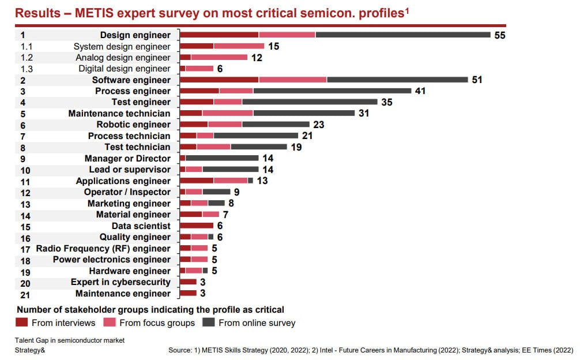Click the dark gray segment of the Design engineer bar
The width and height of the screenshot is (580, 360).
pyautogui.click(x=403, y=35)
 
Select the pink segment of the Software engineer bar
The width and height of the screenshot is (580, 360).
pyautogui.click(x=293, y=80)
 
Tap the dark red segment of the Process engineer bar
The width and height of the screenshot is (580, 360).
pyautogui.click(x=199, y=91)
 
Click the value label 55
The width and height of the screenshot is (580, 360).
pyautogui.click(x=500, y=35)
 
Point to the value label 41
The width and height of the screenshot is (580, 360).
pyautogui.click(x=420, y=91)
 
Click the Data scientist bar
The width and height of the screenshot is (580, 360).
pyautogui.click(x=197, y=226)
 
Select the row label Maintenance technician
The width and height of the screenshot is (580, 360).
pyautogui.click(x=119, y=113)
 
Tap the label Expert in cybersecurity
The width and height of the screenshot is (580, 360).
pyautogui.click(x=120, y=282)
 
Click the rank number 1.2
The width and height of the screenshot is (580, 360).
pyautogui.click(x=27, y=58)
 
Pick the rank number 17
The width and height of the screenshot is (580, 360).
pyautogui.click(x=25, y=249)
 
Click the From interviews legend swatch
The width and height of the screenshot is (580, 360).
pyautogui.click(x=22, y=322)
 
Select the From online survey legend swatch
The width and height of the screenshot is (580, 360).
pyautogui.click(x=209, y=322)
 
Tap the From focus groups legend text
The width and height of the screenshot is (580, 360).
pyautogui.click(x=157, y=323)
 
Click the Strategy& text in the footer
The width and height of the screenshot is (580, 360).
pyautogui.click(x=30, y=350)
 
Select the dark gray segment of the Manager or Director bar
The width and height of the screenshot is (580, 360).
pyautogui.click(x=222, y=158)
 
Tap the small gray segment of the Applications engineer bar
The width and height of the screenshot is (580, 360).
pyautogui.click(x=250, y=181)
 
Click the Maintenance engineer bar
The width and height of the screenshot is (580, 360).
pyautogui.click(x=188, y=293)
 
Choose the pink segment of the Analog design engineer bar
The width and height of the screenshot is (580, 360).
pyautogui.click(x=219, y=57)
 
